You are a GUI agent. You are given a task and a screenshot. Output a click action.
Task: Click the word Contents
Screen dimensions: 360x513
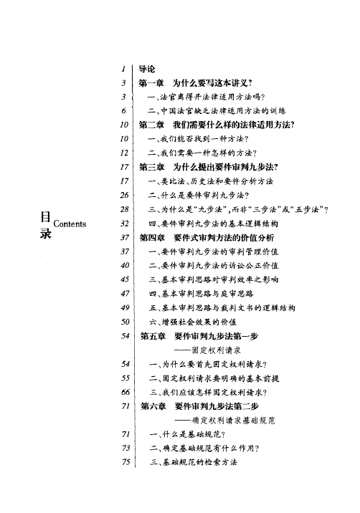pyautogui.click(x=70, y=223)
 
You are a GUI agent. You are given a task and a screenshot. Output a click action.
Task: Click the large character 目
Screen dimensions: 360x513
pyautogui.click(x=44, y=216)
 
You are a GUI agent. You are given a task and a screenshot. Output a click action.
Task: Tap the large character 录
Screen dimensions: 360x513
pyautogui.click(x=44, y=235)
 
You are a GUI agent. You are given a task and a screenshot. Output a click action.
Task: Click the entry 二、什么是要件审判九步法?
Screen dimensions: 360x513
pyautogui.click(x=196, y=195)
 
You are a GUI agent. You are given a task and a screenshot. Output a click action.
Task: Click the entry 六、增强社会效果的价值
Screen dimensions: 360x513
pyautogui.click(x=192, y=321)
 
